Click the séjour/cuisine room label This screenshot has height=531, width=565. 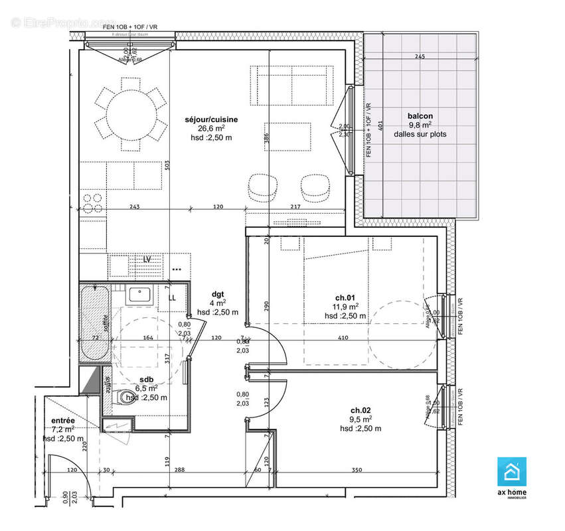click(x=211, y=119)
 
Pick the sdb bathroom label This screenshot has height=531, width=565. click(x=147, y=380)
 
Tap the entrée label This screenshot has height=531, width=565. click(x=63, y=420)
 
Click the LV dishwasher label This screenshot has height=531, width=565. click(x=147, y=259)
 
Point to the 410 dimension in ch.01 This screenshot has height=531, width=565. click(x=342, y=338)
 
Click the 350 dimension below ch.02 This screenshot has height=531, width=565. click(x=357, y=470)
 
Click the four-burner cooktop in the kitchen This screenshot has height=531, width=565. click(x=93, y=203)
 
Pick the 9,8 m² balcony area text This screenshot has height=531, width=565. click(x=420, y=124)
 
